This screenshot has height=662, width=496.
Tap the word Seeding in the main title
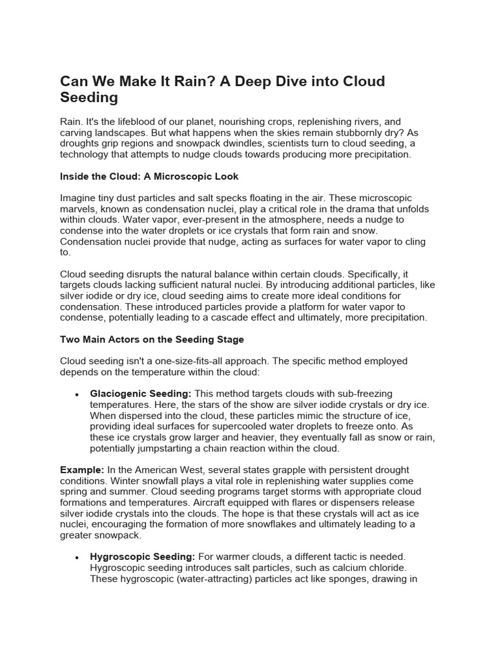click(x=89, y=98)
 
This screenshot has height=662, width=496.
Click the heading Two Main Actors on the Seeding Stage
click(x=152, y=339)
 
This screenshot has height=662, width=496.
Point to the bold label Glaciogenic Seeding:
click(x=141, y=394)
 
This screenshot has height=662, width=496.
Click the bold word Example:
click(x=82, y=470)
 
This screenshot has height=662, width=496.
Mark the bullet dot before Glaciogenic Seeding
click(x=77, y=394)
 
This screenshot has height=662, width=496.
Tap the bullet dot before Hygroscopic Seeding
click(x=77, y=557)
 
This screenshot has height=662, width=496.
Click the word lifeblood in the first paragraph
click(x=136, y=122)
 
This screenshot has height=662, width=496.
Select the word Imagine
click(x=81, y=198)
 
